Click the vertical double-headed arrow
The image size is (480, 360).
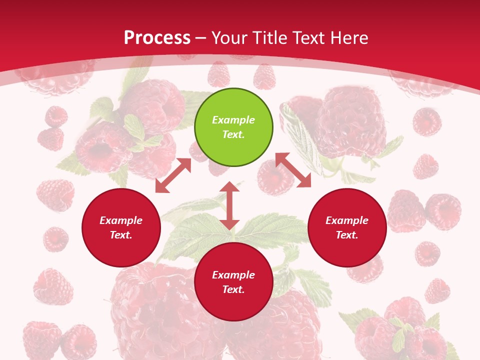point(229,205)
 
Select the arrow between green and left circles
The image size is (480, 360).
point(173,175)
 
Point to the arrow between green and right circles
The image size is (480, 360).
point(293,170)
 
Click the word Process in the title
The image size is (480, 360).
point(157,38)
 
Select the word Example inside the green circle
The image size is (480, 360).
point(233,120)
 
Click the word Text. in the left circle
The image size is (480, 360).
point(121,235)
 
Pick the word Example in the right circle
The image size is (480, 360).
point(347,220)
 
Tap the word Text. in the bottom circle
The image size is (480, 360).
point(233,289)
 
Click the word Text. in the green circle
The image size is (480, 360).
point(233,134)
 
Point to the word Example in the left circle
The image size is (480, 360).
point(121,220)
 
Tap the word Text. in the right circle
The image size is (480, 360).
point(347,235)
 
